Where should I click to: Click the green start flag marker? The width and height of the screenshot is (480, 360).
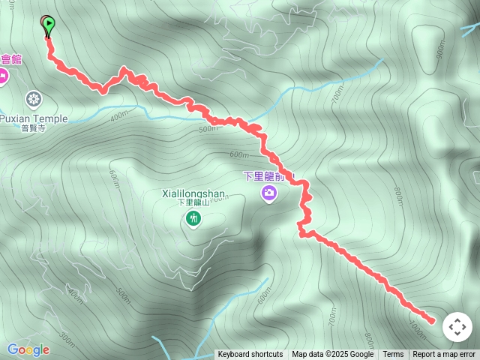coord(48,25)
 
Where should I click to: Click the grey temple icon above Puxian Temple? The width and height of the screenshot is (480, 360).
coord(33,98)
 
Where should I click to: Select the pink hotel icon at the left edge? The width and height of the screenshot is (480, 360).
coord(2,75)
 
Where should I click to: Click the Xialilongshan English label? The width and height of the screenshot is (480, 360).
coord(193,193)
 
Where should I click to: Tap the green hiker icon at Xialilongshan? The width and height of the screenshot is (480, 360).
coord(193,218)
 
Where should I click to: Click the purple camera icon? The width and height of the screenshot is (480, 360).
coord(268,194)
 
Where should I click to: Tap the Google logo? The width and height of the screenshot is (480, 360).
coord(28,349)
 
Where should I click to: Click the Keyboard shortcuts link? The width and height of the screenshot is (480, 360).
coord(250,355)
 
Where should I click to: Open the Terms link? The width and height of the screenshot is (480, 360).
coord(393,355)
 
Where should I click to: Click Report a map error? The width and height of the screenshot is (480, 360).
coord(444,355)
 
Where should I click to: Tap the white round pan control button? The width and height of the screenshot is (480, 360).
coord(457,327)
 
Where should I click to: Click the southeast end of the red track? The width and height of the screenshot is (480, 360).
coord(431,321)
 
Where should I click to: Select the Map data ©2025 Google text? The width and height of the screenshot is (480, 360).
coord(332,355)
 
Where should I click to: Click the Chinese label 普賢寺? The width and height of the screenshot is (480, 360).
coord(33,128)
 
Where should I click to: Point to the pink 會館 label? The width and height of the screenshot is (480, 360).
coord(11,59)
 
